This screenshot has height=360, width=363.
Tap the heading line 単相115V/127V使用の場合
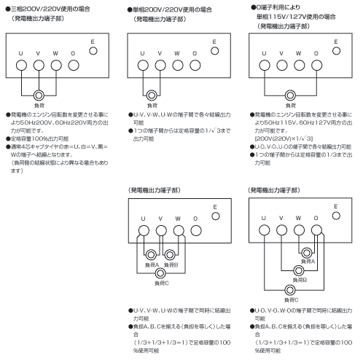[x=296, y=17]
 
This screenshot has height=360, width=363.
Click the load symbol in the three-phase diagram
[x=39, y=95]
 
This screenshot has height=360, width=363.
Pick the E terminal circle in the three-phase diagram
[x=93, y=51]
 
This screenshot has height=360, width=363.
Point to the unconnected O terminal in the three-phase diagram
[x=74, y=66]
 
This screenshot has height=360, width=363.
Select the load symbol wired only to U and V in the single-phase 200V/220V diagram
[x=152, y=95]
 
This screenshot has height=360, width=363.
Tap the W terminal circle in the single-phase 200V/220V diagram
[x=178, y=66]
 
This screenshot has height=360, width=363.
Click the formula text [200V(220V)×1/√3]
[x=284, y=138]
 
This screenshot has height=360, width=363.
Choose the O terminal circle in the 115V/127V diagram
[x=316, y=66]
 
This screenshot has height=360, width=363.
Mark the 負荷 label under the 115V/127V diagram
[x=291, y=106]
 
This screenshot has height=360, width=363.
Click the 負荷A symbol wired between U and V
[x=151, y=255]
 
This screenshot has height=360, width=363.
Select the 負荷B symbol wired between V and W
[x=170, y=255]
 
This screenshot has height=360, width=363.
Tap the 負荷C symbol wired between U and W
[x=160, y=273]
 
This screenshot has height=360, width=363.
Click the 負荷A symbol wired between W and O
[x=307, y=253]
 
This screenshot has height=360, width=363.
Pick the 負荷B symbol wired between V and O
[x=299, y=270]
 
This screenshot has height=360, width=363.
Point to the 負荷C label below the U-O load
[x=291, y=300]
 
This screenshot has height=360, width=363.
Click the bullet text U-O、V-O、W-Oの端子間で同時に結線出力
[x=301, y=310]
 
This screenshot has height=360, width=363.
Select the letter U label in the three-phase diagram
[x=20, y=53]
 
